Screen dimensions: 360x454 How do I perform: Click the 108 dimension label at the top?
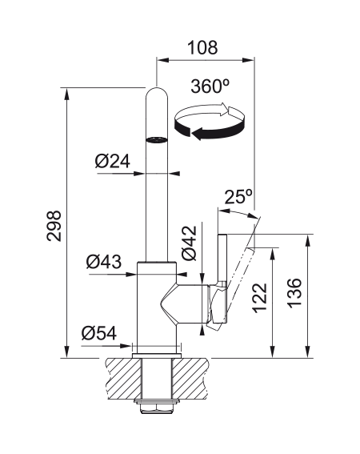point(202,47)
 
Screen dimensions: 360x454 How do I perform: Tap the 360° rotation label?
point(210,86)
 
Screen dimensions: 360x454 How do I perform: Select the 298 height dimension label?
point(54,226)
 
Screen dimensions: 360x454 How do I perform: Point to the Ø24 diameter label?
point(112,161)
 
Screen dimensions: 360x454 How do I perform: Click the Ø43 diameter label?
point(104,262)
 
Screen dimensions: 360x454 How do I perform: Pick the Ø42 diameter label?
point(190,243)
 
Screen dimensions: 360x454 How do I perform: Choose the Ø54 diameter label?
point(99,333)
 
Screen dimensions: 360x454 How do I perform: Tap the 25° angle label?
point(238,197)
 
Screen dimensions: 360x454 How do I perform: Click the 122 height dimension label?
point(259,298)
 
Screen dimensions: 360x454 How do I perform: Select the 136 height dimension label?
point(294,293)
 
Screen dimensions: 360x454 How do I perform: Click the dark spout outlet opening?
point(157,140)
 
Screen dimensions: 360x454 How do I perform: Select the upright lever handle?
point(222,278)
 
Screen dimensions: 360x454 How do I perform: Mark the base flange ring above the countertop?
point(157,356)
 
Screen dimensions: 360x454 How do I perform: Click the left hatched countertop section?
point(123,378)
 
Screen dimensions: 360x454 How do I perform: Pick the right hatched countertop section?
point(190,378)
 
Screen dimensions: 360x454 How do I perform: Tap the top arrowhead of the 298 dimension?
point(67,94)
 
